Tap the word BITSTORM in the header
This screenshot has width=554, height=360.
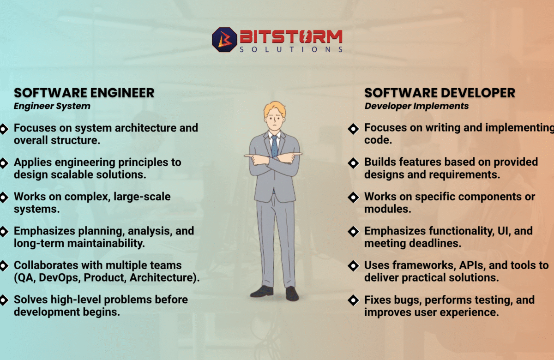click(291, 36)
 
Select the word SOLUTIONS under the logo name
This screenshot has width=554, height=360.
click(291, 49)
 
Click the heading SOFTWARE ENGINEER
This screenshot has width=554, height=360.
click(84, 93)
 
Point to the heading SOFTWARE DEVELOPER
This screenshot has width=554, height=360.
click(440, 93)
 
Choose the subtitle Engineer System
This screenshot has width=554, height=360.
click(52, 106)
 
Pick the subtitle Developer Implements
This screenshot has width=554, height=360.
click(416, 106)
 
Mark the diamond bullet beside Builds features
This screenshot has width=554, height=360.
click(353, 162)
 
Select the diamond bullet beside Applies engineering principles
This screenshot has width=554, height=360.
click(4, 162)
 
